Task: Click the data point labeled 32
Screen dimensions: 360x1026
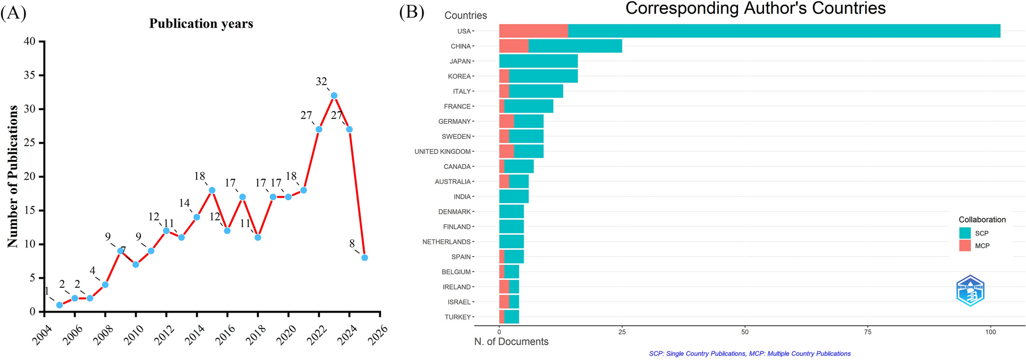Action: point(333,95)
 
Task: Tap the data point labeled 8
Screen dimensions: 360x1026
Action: point(364,258)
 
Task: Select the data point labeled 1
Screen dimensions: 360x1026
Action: point(60,305)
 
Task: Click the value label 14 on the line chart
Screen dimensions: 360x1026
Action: point(184,203)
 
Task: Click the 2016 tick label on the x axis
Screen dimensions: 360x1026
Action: point(224,335)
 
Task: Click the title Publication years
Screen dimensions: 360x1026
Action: point(201,24)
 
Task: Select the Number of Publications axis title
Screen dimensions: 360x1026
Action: point(13,176)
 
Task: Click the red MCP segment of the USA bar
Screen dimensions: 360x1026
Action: point(533,31)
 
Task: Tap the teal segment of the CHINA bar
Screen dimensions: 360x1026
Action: point(575,46)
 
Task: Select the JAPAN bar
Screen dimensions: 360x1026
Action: point(538,61)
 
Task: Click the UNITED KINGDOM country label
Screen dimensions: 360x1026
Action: point(442,152)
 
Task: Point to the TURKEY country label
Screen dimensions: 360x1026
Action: point(458,317)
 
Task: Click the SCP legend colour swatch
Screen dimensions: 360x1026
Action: point(964,233)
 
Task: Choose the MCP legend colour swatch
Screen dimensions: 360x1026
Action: point(964,246)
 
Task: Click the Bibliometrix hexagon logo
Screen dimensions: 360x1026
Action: point(970,291)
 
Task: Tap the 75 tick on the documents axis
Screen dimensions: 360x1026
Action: point(867,332)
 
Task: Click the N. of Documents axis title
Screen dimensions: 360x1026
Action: point(511,342)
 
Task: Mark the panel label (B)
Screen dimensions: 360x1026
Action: point(412,12)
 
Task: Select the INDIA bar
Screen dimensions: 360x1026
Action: point(514,197)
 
